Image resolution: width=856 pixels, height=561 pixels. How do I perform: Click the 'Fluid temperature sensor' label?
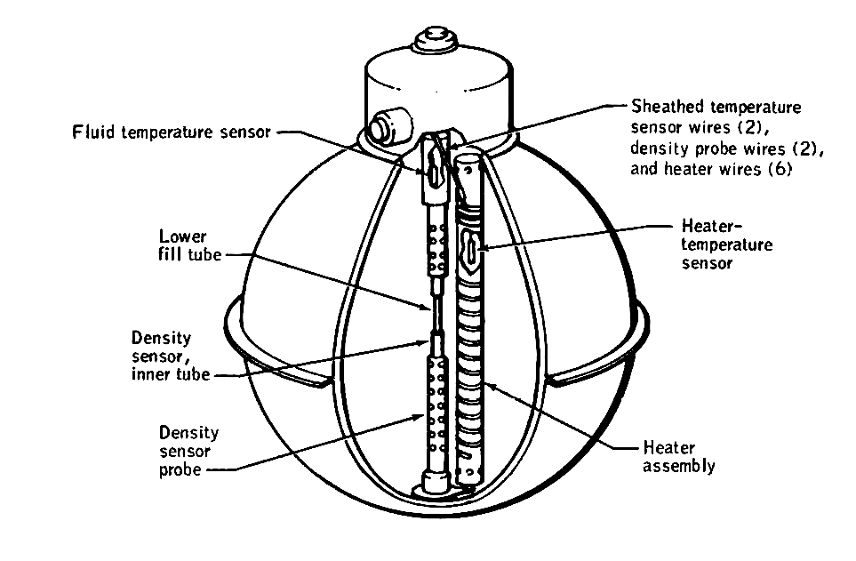click(x=171, y=132)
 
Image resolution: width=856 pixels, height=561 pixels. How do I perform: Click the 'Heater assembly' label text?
click(x=678, y=456)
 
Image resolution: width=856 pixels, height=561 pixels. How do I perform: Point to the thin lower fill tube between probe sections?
click(x=436, y=312)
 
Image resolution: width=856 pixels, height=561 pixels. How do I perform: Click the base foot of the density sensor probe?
click(x=435, y=484)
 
